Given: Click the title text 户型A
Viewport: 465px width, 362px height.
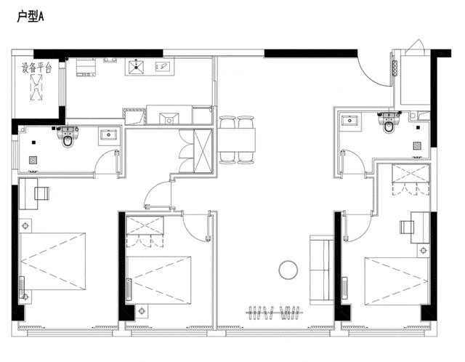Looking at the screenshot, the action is tap(31, 17).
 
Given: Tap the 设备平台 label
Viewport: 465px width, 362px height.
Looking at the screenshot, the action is tap(36, 68).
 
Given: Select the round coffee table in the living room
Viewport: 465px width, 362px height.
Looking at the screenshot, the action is tap(288, 270).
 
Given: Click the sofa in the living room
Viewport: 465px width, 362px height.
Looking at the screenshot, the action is tap(321, 270).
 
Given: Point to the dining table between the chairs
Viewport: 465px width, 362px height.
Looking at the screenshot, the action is tap(237, 140).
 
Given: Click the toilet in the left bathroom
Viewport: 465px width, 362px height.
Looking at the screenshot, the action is tap(68, 137).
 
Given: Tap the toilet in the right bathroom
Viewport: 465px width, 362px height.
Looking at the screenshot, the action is tap(388, 123).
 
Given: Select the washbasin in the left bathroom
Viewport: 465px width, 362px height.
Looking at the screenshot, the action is tap(109, 134).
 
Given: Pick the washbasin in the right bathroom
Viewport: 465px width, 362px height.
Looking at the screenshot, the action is tap(349, 121).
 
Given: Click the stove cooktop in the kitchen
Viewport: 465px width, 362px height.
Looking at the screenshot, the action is tap(86, 67).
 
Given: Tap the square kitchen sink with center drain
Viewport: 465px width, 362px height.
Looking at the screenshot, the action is tap(136, 68).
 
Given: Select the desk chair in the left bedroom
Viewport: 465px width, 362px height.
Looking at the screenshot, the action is tap(42, 193).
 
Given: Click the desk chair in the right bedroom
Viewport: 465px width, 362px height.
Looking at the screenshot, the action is tap(407, 228).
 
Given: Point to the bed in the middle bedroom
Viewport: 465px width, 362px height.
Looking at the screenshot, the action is tap(158, 280).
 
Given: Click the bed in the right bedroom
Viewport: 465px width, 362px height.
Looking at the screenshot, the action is tap(397, 281).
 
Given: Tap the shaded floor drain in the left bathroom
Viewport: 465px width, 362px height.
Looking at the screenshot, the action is tap(33, 161).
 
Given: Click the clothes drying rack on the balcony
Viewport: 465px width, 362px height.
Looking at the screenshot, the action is tap(275, 313).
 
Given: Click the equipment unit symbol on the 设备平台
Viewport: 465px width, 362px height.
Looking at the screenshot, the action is tap(36, 87).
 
